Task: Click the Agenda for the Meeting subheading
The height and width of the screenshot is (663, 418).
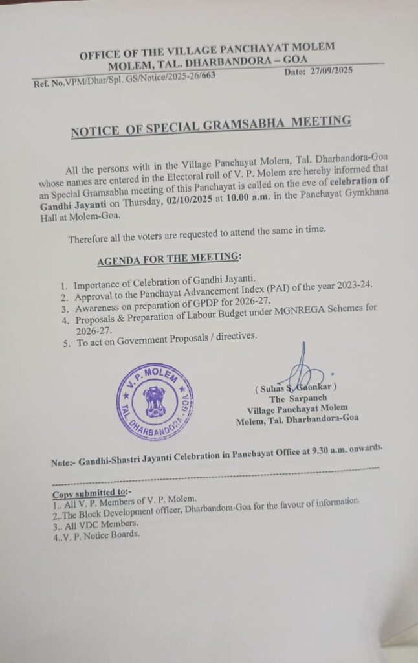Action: [168, 260]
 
